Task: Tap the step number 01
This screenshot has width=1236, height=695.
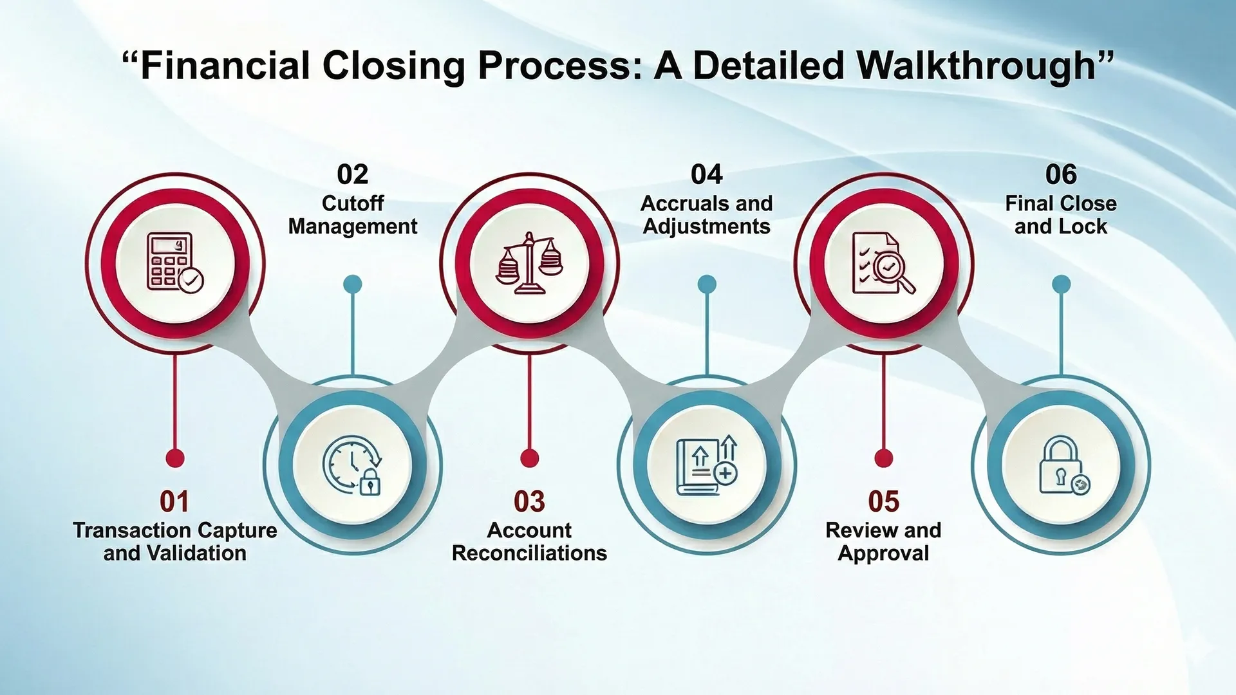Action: pyautogui.click(x=174, y=502)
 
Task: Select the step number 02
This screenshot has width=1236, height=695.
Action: pyautogui.click(x=352, y=174)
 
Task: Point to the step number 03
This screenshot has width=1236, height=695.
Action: pyautogui.click(x=529, y=502)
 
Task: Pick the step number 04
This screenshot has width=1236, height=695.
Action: pyautogui.click(x=706, y=174)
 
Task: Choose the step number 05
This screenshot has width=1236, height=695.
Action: pyautogui.click(x=883, y=502)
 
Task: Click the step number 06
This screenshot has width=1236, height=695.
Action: pyautogui.click(x=1060, y=174)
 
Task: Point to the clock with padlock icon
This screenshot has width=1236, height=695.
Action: pyautogui.click(x=352, y=465)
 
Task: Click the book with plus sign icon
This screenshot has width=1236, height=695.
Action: pyautogui.click(x=706, y=465)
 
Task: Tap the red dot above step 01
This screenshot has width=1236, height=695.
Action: pyautogui.click(x=175, y=458)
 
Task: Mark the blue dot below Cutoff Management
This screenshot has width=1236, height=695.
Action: pyautogui.click(x=352, y=284)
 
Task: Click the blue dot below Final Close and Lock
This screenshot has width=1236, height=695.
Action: pyautogui.click(x=1061, y=284)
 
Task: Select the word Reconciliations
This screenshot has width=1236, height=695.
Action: pyautogui.click(x=529, y=553)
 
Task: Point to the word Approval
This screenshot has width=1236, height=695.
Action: pyautogui.click(x=883, y=553)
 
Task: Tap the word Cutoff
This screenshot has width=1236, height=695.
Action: pyautogui.click(x=352, y=203)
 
